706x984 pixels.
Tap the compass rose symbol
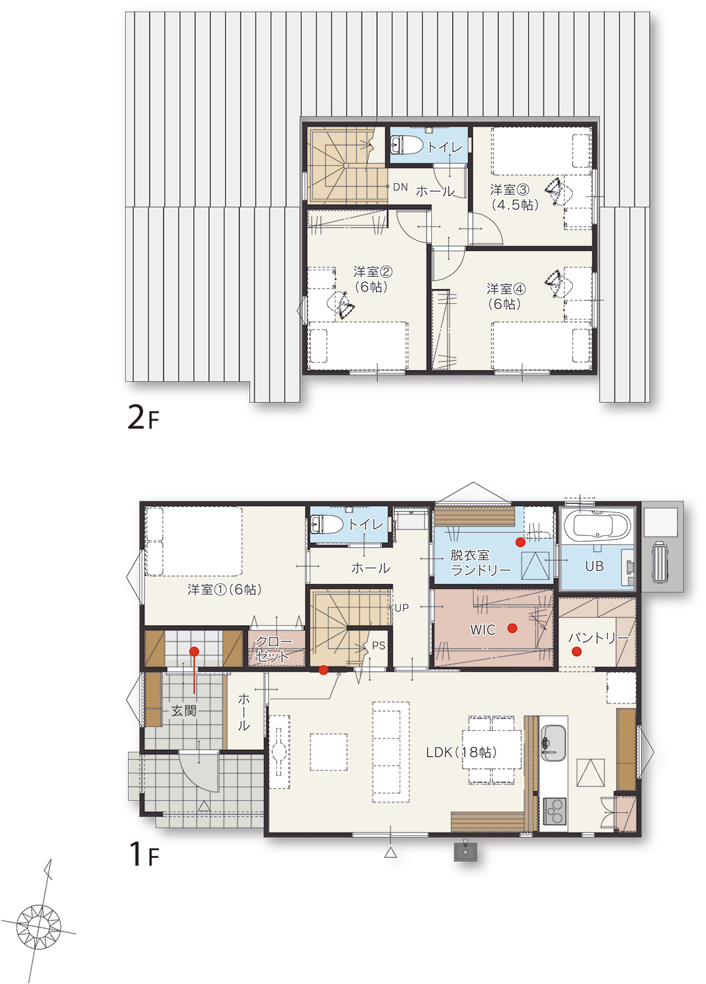click(x=39, y=927)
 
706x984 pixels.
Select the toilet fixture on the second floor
click(x=406, y=145)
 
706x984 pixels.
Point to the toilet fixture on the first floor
click(x=327, y=525)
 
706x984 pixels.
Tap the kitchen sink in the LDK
click(x=553, y=742)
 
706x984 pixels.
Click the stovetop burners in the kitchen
click(x=554, y=810)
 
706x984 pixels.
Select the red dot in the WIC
click(x=512, y=628)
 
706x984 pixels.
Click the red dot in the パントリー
click(x=576, y=652)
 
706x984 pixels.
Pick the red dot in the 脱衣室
click(x=520, y=543)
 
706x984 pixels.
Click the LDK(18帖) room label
click(x=461, y=752)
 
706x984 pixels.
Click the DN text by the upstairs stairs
click(x=400, y=187)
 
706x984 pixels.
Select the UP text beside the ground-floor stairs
click(x=402, y=608)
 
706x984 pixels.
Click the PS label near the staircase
click(x=379, y=646)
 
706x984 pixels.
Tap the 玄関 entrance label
click(x=184, y=710)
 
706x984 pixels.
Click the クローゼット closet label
click(x=273, y=649)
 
